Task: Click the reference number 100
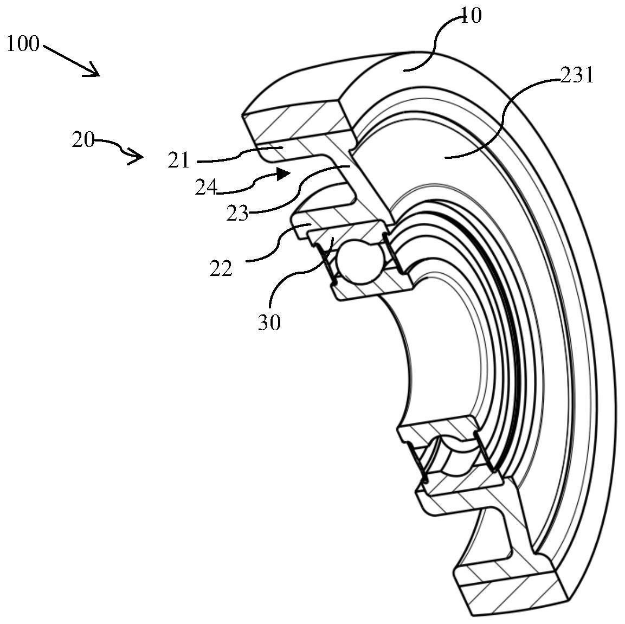pyautogui.click(x=23, y=44)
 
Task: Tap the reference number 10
pyautogui.click(x=471, y=16)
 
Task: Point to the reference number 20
pyautogui.click(x=83, y=140)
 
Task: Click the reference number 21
pyautogui.click(x=178, y=161)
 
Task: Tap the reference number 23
pyautogui.click(x=237, y=213)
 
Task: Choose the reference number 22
pyautogui.click(x=221, y=268)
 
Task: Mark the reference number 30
pyautogui.click(x=269, y=323)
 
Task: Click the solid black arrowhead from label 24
pyautogui.click(x=282, y=173)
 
